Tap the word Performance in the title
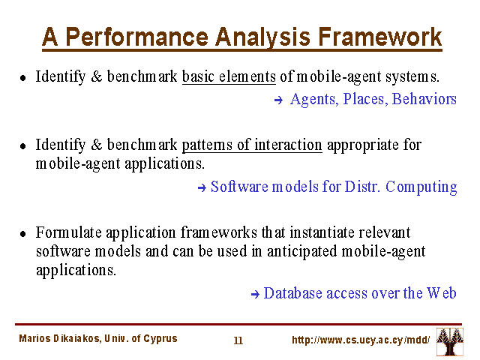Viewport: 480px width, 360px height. (x=136, y=37)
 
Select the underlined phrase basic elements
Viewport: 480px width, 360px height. (x=229, y=76)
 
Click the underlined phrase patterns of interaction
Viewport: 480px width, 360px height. (x=252, y=145)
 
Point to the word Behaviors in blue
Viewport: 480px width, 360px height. (x=424, y=99)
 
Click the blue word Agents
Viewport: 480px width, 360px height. (x=314, y=100)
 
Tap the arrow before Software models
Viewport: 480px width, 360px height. (x=202, y=187)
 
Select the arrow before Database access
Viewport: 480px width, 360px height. (x=255, y=295)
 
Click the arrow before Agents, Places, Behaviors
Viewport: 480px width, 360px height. (x=278, y=100)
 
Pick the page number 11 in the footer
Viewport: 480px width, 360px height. (x=238, y=340)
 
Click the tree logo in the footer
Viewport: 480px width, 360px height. (x=450, y=342)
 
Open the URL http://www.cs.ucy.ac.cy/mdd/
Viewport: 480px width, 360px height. (x=361, y=340)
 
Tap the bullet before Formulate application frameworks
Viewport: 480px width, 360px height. (x=23, y=234)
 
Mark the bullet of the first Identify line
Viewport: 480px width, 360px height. (x=23, y=78)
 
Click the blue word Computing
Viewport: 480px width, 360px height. (x=421, y=187)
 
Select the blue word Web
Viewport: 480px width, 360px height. (x=442, y=293)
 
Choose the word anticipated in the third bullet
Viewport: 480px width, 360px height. (x=301, y=252)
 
